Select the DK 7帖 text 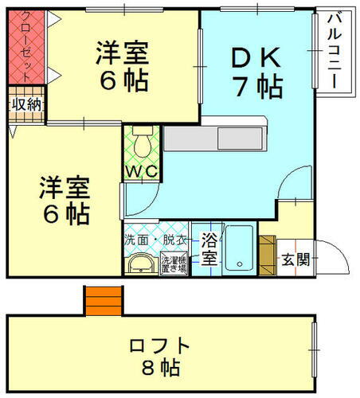256,72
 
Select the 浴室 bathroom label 209,248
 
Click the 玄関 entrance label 295,259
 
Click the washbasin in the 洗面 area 140,263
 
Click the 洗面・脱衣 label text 155,238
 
